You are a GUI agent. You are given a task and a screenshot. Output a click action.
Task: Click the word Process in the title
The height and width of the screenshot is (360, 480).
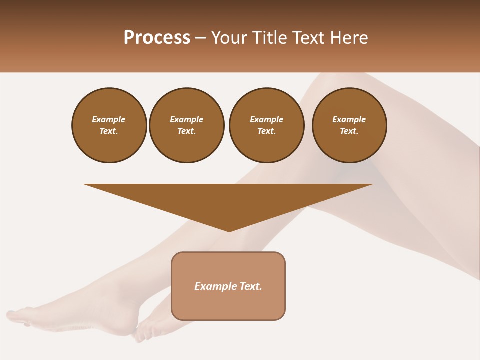tap(157, 38)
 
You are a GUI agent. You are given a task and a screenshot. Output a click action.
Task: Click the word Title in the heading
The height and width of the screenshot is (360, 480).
tap(268, 38)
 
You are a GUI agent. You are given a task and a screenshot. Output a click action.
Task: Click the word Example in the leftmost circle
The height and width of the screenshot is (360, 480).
tap(109, 120)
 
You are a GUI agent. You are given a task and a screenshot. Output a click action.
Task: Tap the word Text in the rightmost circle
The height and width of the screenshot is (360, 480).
tap(349, 131)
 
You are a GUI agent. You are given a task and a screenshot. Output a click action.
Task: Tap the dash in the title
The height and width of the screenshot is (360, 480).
tap(201, 38)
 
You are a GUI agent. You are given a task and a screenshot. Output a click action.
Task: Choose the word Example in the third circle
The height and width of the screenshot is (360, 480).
tap(266, 120)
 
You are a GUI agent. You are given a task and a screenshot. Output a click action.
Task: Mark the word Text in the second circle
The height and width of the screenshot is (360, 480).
tap(186, 131)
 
